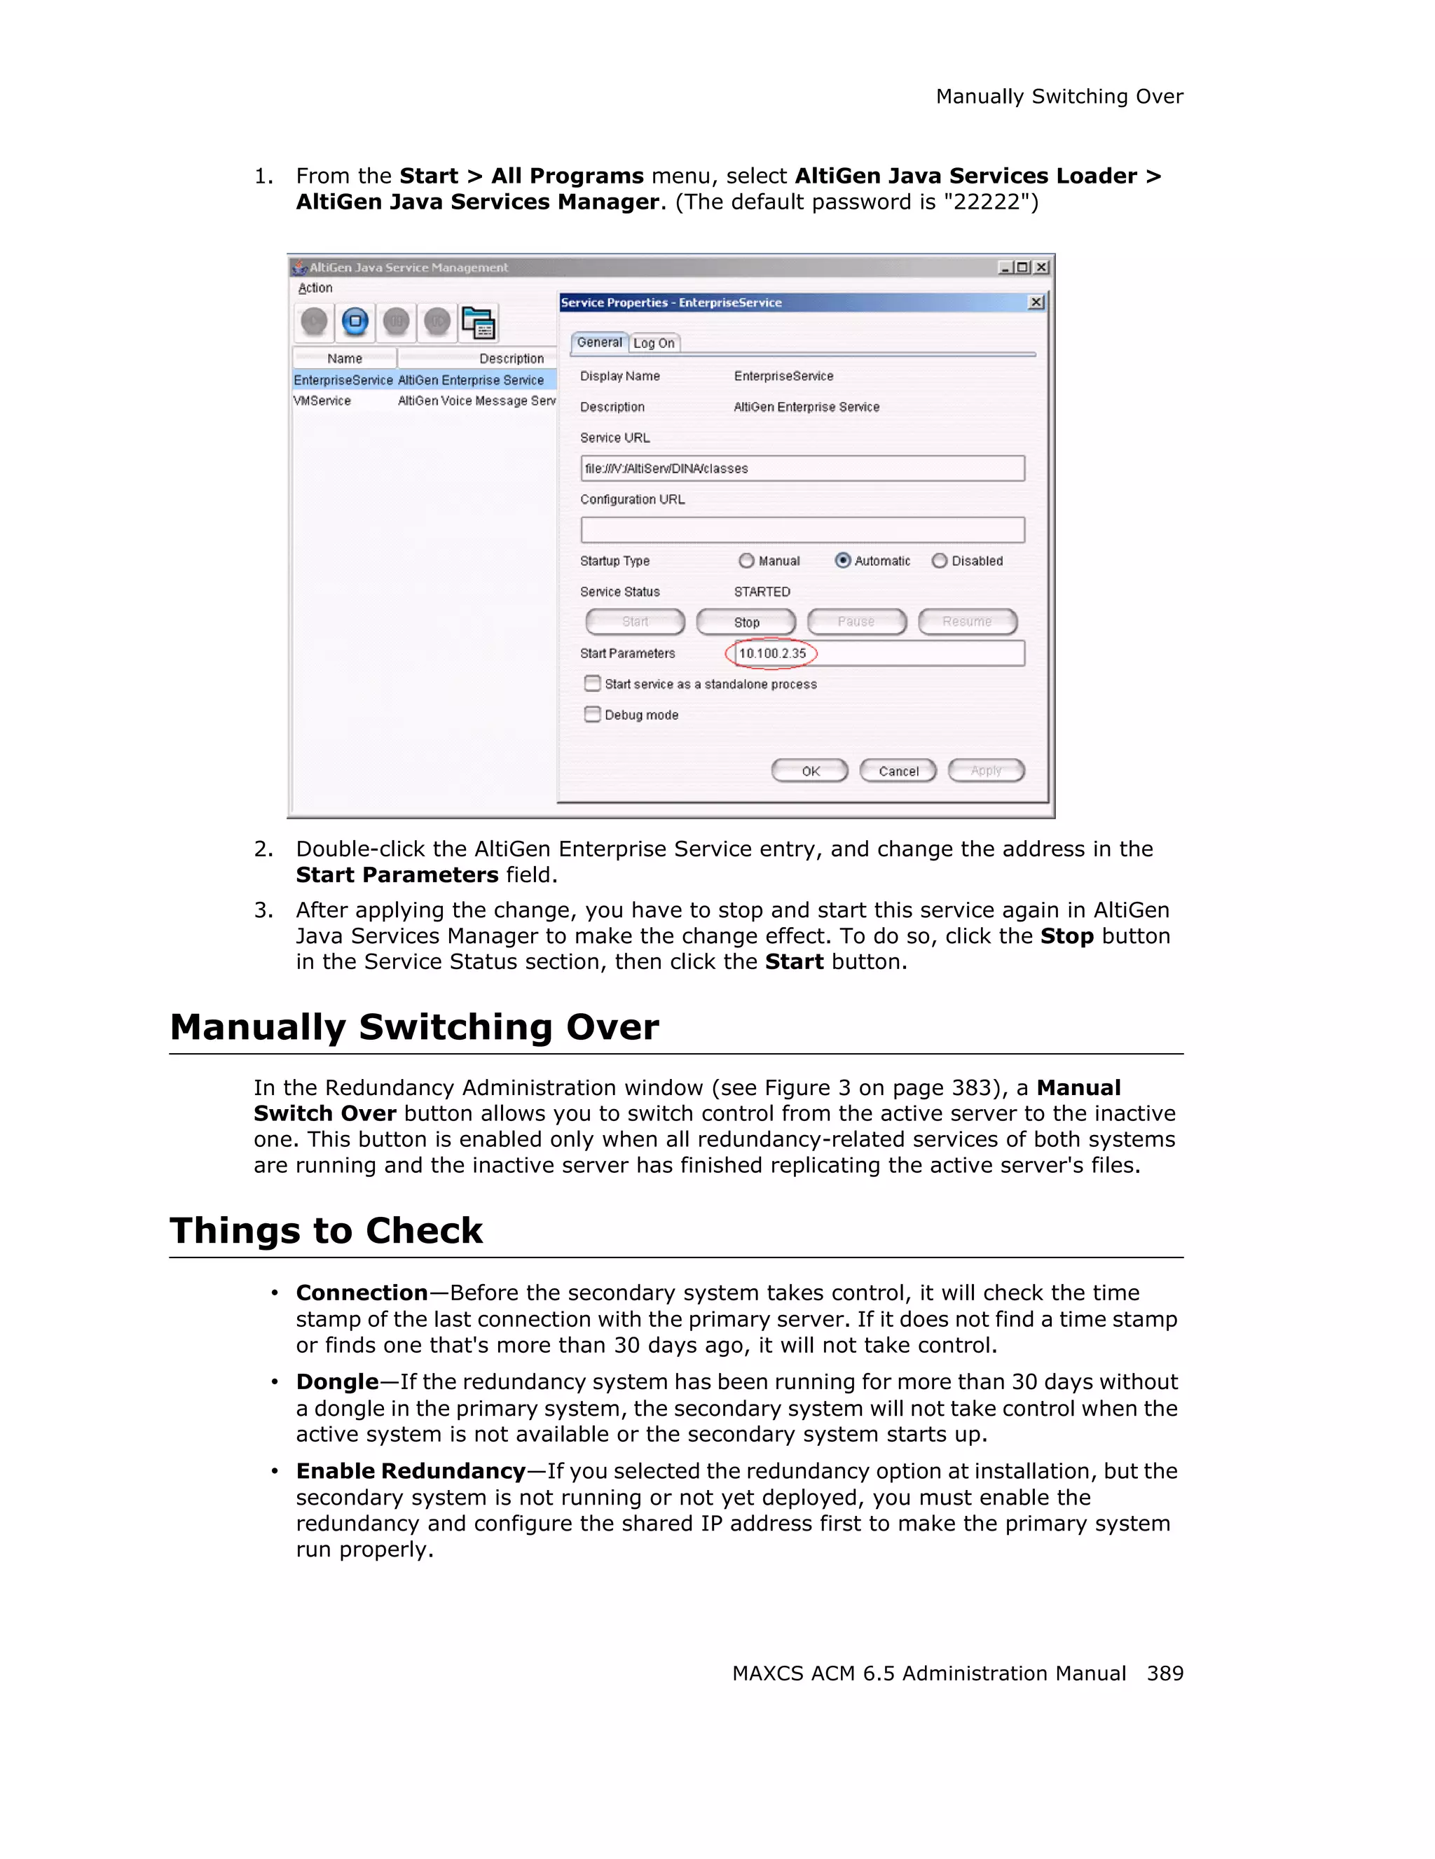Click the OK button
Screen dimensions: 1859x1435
810,771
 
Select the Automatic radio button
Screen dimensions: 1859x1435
843,560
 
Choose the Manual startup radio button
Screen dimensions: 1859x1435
747,560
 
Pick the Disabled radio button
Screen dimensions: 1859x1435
940,560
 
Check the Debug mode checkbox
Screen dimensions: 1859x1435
593,714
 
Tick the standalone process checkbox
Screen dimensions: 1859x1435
593,683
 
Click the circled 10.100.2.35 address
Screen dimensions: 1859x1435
771,653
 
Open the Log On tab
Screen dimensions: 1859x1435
654,343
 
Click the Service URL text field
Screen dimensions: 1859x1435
802,468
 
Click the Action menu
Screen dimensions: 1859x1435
315,288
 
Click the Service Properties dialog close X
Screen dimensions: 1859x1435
1036,302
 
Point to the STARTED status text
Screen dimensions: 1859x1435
762,592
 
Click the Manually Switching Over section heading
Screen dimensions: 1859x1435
414,1026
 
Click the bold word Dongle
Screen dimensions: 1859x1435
337,1381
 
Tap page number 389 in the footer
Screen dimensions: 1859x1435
1165,1673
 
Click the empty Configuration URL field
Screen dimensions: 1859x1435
802,529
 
